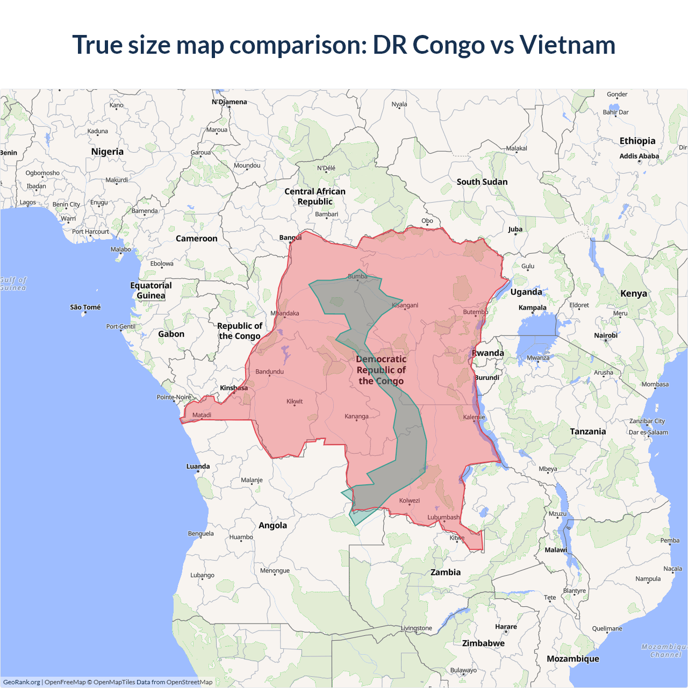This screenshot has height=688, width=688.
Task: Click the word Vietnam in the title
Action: click(x=567, y=45)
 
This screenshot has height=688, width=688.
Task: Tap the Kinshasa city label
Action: click(x=234, y=388)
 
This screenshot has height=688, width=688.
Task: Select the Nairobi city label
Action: click(x=606, y=335)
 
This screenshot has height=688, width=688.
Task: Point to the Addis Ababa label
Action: click(x=639, y=156)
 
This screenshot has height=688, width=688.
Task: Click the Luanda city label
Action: click(x=198, y=466)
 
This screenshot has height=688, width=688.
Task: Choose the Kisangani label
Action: click(x=405, y=305)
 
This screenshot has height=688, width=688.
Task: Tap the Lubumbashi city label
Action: click(x=443, y=517)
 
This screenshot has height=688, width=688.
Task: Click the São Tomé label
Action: click(x=85, y=307)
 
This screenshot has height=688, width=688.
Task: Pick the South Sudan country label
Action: click(x=482, y=182)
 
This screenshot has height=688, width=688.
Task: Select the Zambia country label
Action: click(x=446, y=572)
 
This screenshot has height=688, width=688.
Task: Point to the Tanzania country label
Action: click(x=587, y=431)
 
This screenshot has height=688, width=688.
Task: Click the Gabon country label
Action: click(x=171, y=334)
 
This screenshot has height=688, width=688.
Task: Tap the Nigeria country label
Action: click(x=107, y=152)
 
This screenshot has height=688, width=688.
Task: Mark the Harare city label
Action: click(x=506, y=627)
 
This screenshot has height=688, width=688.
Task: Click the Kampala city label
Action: click(x=532, y=307)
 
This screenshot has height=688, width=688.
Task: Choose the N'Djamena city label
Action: click(x=229, y=102)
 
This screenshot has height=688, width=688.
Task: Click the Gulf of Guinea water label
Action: click(x=13, y=284)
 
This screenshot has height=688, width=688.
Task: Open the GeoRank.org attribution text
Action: click(x=21, y=682)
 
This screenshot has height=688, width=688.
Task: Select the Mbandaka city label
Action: click(x=285, y=313)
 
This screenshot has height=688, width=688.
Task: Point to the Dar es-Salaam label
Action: click(x=648, y=432)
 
